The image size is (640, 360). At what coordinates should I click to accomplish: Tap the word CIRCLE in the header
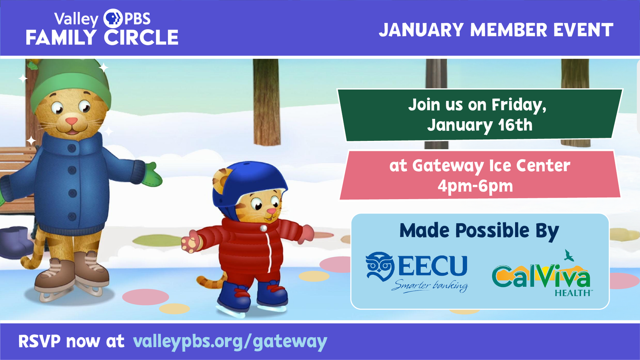[x=141, y=38]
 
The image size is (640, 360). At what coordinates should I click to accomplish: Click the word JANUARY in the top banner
[x=421, y=30]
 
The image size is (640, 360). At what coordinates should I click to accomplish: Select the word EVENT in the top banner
[x=583, y=30]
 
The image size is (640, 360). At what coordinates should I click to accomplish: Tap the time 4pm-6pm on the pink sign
[x=475, y=186]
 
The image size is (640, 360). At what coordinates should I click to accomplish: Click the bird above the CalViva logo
[x=568, y=256]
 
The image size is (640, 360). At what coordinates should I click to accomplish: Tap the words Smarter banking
[x=430, y=286]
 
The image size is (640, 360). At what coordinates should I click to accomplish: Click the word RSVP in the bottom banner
[x=40, y=341]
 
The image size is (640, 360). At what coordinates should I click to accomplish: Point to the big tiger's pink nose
[x=72, y=121]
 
